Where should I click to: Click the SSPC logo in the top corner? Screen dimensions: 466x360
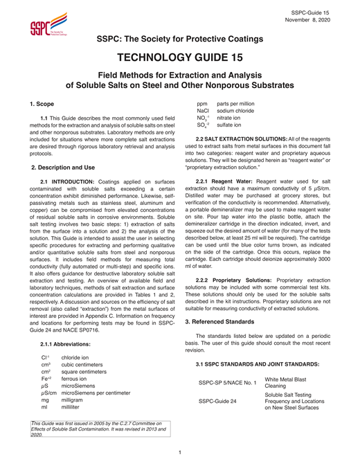(x=48, y=26)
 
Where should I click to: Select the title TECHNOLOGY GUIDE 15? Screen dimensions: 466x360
(x=179, y=57)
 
